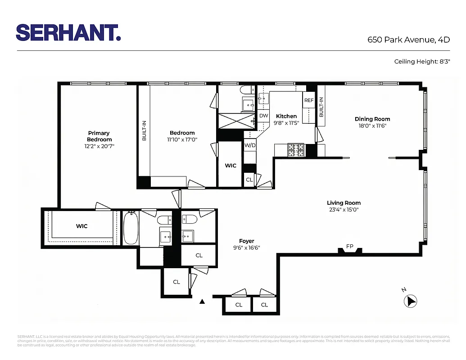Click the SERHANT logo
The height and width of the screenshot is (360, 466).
68,32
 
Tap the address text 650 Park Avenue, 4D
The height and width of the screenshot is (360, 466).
408,40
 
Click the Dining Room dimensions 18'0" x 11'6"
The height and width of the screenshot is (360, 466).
372,126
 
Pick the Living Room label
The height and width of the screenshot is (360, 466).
344,203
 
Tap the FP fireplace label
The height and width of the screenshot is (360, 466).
349,246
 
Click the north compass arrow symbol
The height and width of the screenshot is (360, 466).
411,301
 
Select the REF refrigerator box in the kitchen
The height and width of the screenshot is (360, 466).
309,100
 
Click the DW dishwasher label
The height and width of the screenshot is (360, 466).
264,116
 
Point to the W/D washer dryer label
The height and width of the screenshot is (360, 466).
250,145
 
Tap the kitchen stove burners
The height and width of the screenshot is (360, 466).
296,150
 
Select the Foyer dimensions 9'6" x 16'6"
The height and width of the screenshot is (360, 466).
246,247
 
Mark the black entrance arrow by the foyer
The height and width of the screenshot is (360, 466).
202,301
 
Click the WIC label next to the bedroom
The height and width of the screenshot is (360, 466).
231,166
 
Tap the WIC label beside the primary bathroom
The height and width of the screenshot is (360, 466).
81,226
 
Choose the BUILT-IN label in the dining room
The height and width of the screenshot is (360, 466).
321,107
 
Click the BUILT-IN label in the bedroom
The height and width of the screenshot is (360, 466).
144,130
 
